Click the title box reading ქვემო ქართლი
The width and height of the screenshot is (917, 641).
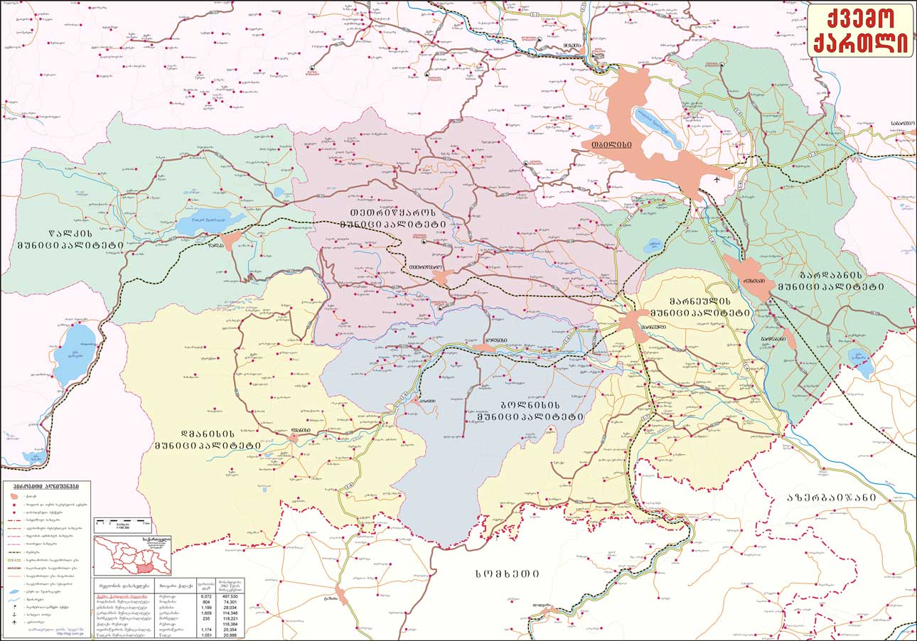[861, 30]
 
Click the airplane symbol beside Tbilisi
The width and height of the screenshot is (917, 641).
[717, 180]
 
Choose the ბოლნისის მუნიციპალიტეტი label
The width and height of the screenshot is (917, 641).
[526, 410]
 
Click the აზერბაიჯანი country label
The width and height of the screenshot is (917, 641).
[832, 497]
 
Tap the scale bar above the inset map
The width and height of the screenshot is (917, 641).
[122, 524]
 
